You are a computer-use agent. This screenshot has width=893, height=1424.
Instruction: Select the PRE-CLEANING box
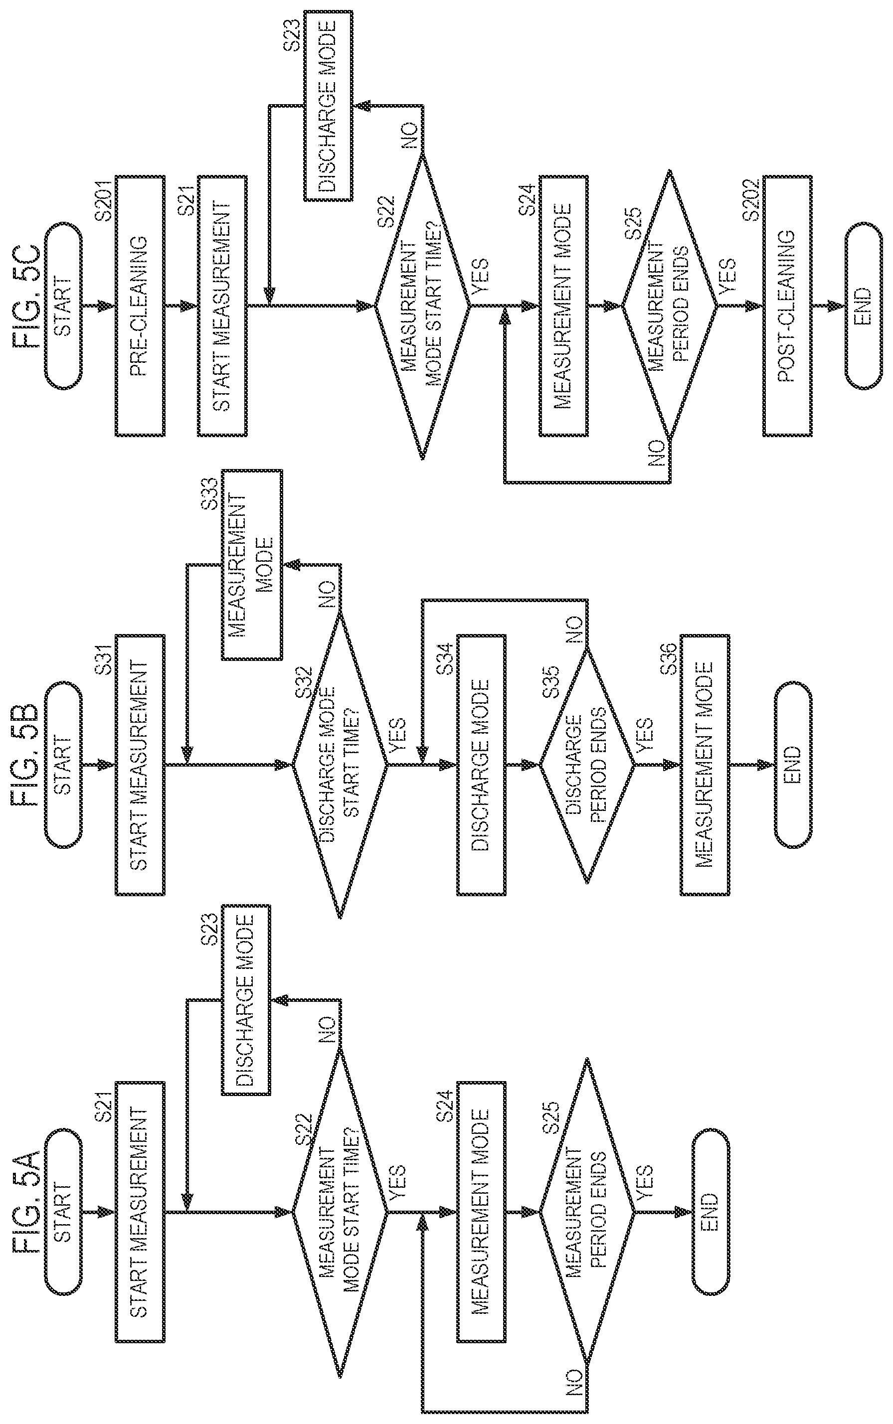140,306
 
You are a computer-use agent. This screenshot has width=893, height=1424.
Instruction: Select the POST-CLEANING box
787,306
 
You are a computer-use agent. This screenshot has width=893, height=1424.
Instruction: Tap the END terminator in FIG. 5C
864,306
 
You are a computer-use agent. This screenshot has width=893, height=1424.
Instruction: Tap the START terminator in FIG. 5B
63,765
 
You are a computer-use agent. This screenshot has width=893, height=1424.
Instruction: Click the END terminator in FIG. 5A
711,1212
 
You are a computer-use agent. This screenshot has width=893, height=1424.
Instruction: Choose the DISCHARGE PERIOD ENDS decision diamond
587,765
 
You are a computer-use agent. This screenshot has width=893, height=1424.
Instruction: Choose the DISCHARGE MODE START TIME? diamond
340,765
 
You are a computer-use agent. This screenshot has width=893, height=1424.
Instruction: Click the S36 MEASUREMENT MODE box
705,765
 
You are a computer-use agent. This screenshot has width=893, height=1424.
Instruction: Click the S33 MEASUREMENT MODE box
252,564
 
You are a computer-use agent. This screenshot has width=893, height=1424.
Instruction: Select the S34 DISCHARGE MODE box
481,765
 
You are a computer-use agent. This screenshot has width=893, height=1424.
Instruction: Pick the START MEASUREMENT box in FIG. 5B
140,765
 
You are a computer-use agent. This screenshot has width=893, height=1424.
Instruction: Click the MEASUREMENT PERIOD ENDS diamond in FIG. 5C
669,306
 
